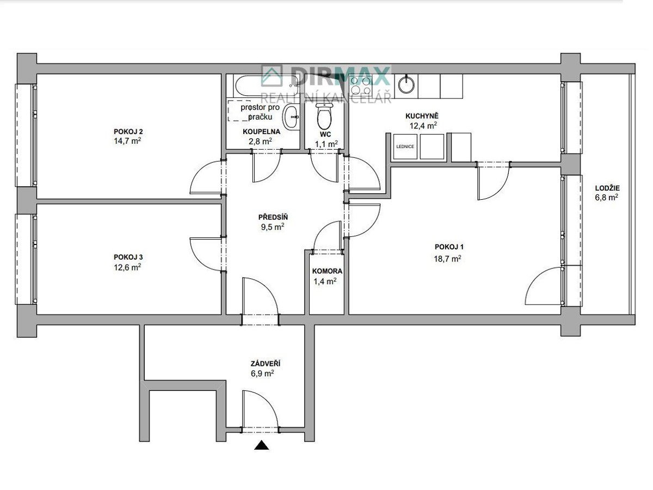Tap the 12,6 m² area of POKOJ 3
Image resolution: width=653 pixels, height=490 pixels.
click(x=127, y=267)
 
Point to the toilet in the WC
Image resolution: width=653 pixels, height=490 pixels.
click(x=324, y=117)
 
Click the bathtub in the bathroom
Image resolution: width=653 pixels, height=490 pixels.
click(x=267, y=85)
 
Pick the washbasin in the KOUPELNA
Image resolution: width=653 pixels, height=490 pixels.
click(x=291, y=117)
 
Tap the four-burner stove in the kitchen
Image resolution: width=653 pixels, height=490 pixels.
click(x=361, y=85)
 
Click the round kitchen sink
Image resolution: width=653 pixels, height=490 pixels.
click(x=406, y=84)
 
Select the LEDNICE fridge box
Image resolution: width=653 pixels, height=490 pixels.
click(x=405, y=146)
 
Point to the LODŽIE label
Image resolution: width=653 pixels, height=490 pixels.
click(x=607, y=188)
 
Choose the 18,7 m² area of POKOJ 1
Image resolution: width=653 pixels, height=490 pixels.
click(x=447, y=259)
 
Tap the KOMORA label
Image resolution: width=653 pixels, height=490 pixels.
click(x=327, y=271)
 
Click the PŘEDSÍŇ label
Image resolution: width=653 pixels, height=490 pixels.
click(x=273, y=217)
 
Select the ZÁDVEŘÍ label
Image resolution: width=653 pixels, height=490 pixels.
click(x=266, y=364)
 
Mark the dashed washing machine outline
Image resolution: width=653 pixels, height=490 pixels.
click(x=238, y=111)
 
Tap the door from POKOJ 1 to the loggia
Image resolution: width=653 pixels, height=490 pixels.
click(x=544, y=286)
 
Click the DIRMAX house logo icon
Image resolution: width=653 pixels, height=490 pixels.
click(x=272, y=76)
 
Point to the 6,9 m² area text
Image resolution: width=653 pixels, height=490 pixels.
click(x=262, y=373)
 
